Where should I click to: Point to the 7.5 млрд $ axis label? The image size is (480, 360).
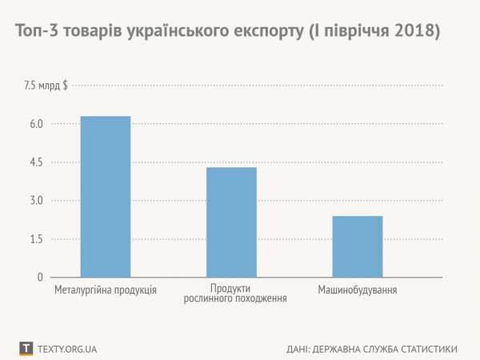coord(46,86)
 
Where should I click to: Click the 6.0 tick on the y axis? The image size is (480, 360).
coord(34,124)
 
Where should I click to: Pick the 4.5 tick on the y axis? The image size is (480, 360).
coord(34,162)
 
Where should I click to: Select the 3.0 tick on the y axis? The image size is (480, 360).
coord(34,201)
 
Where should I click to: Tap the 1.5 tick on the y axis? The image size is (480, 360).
coord(34,239)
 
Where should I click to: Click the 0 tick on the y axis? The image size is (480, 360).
coord(38,278)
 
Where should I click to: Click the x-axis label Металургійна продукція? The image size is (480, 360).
coord(105,289)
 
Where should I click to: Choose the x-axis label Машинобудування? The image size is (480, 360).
coord(358,289)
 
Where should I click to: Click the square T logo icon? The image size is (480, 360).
coord(26,349)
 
